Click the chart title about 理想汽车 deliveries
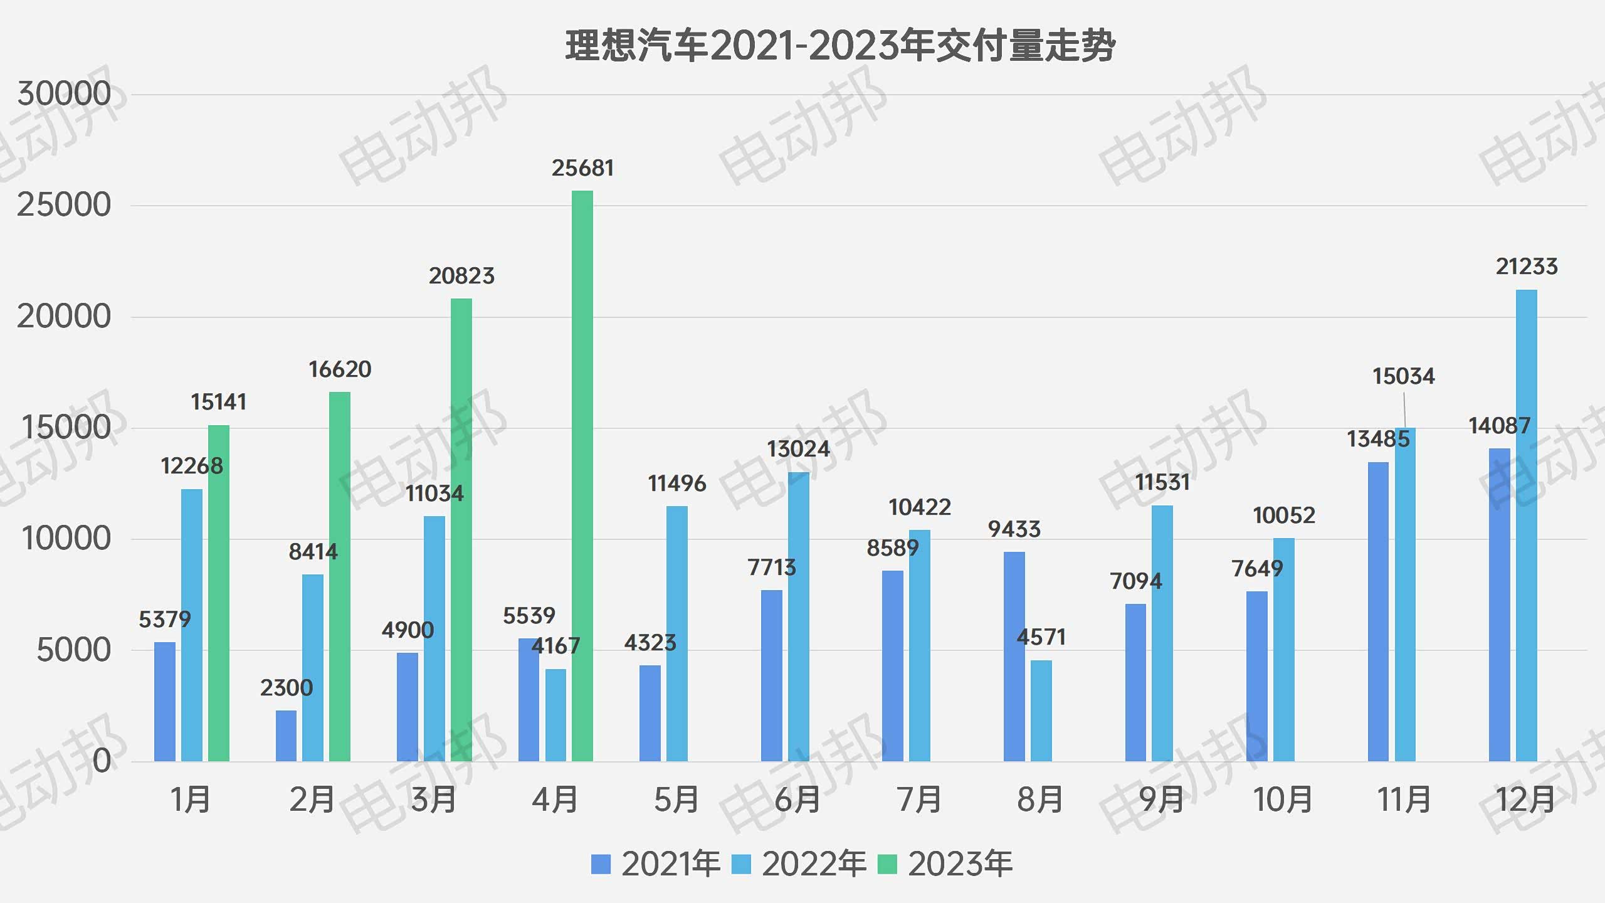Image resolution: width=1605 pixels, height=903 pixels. click(x=840, y=46)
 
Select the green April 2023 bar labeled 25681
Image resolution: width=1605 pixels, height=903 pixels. click(x=582, y=477)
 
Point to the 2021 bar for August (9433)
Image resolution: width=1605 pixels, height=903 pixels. click(x=1014, y=657)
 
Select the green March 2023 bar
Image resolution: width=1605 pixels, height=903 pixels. click(x=461, y=530)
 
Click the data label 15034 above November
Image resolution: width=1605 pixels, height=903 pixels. click(x=1403, y=376)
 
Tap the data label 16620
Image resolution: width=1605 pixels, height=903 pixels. click(x=340, y=369)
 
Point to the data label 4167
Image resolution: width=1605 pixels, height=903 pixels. click(x=555, y=646)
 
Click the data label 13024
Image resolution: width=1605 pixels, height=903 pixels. click(x=798, y=449)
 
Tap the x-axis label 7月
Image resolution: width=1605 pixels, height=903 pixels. click(x=919, y=800)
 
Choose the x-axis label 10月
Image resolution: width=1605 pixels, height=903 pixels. click(x=1283, y=800)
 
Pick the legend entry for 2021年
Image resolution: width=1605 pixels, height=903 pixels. click(x=656, y=864)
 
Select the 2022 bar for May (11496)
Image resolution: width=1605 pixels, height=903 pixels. click(x=677, y=633)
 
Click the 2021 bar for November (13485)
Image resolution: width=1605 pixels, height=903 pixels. click(x=1378, y=611)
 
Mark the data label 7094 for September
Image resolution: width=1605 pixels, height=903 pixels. click(x=1135, y=581)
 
